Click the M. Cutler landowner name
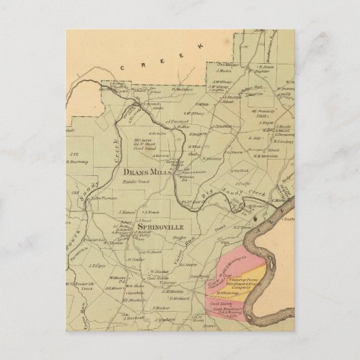coord(134,259)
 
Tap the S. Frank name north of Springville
coord(149,213)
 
